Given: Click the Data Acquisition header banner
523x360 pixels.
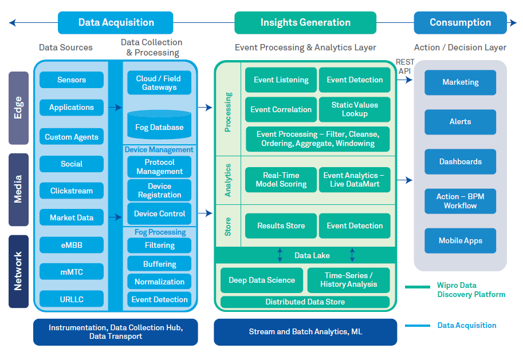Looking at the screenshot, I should point(116,23).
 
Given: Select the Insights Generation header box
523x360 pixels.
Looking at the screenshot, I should point(305,23).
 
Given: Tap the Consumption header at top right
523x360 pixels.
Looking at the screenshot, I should point(460,23).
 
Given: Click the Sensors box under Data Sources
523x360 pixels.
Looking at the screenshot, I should point(72,80).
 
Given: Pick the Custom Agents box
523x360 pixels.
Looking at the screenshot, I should point(72,137).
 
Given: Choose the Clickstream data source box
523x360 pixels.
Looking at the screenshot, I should point(72,191).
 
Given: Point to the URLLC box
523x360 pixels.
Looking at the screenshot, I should point(72,299).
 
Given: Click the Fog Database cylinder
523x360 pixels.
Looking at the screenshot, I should point(159,125).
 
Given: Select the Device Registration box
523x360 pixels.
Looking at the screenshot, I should point(159,191).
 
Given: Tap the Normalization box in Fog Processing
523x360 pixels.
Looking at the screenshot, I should point(159,282).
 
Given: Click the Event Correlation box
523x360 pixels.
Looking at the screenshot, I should point(281,109).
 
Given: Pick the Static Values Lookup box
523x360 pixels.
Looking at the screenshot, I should point(355,109).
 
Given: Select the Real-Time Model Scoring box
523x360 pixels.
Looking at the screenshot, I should point(281,180).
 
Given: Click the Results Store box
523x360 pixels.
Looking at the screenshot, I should point(281,226).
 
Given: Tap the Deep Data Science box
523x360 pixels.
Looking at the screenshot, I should point(262,280).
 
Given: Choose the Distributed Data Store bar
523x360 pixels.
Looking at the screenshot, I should point(305,302).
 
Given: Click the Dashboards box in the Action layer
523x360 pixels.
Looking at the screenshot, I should point(460,162).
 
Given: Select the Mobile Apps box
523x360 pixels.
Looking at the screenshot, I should point(460,241).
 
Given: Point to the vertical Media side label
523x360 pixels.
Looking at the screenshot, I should point(18,189).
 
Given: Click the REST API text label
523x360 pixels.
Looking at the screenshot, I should point(404,66).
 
